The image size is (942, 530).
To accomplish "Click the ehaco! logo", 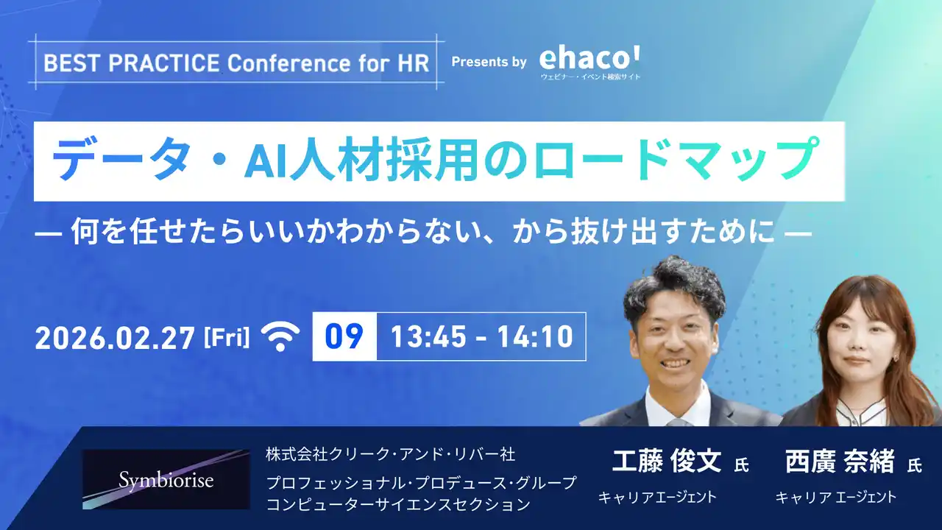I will click(589, 59).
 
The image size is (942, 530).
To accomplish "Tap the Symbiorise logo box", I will click(166, 479).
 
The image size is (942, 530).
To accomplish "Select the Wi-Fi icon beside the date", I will click(282, 337).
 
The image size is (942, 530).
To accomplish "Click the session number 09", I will click(344, 336).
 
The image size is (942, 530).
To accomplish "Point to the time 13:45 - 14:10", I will click(481, 336).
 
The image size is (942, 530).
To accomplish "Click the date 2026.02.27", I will click(115, 337).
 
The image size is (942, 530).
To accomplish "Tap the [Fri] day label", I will click(226, 338).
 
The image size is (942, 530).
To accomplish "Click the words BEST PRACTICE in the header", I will click(132, 63).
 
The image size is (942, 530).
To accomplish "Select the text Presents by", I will click(489, 62).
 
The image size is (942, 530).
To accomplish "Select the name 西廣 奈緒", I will click(840, 462).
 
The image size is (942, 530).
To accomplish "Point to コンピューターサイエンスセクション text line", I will click(398, 504).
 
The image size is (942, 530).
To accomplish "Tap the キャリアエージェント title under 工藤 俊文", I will click(657, 497).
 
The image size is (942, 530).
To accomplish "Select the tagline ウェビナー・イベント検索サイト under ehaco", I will click(589, 77).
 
